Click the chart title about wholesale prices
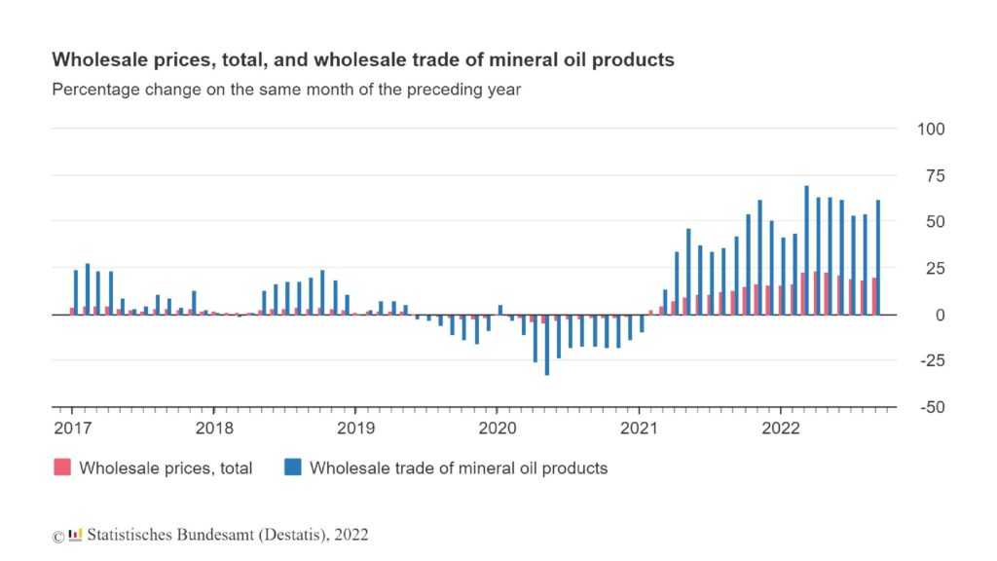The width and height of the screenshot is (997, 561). click(x=362, y=60)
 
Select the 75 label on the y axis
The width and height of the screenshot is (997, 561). click(x=933, y=176)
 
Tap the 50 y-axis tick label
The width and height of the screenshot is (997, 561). click(x=933, y=222)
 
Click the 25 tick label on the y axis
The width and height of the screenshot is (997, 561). click(x=933, y=269)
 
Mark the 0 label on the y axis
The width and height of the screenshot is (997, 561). click(x=939, y=316)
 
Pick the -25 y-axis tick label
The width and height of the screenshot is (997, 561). click(x=931, y=361)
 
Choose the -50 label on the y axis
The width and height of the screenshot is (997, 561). click(x=931, y=408)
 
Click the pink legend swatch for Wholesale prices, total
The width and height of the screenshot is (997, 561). click(x=61, y=467)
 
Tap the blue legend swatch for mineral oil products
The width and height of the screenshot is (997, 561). click(x=292, y=467)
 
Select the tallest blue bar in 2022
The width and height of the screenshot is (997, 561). click(x=807, y=250)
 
